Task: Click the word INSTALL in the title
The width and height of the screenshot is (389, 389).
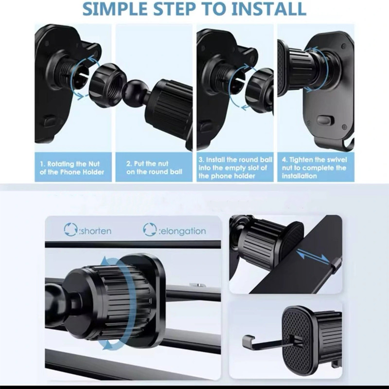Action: click(x=268, y=9)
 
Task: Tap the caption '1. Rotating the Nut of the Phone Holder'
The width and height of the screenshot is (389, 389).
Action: click(x=72, y=168)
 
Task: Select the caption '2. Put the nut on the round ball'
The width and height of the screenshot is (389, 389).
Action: click(x=154, y=168)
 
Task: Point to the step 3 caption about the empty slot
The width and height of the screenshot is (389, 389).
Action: click(x=235, y=168)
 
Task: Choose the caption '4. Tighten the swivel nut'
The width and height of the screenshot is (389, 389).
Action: click(x=314, y=168)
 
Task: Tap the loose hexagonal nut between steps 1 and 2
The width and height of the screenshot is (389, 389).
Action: click(x=107, y=86)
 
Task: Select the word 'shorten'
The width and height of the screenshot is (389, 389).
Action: click(x=95, y=231)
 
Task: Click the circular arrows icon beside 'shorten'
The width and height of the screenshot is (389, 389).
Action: click(x=71, y=230)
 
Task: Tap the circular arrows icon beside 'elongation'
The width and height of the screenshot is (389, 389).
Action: click(x=150, y=230)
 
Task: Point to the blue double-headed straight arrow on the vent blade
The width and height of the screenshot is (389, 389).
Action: click(x=313, y=257)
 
